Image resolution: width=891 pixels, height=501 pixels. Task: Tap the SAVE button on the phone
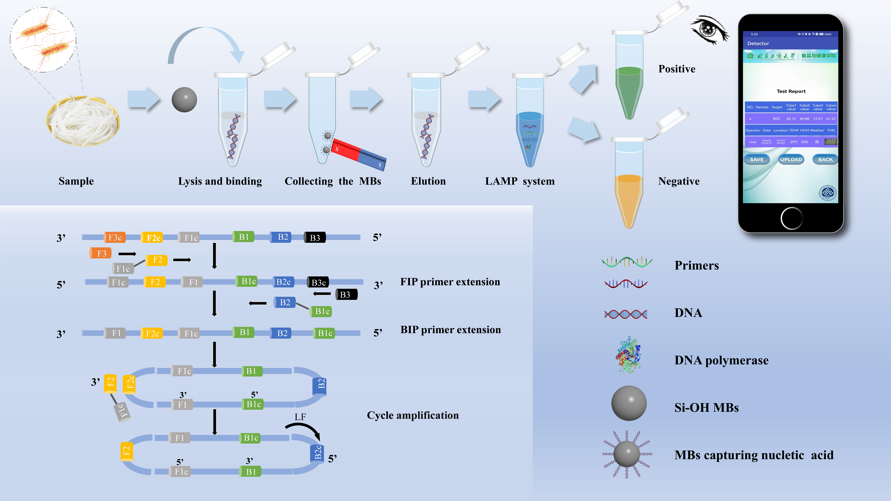[756, 159]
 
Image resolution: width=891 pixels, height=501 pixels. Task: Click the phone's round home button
[791, 218]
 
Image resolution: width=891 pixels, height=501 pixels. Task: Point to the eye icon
[709, 29]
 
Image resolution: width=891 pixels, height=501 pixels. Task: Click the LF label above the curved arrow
[300, 417]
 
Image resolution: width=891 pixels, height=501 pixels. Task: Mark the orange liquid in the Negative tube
[629, 197]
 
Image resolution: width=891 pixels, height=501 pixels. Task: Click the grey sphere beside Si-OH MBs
[629, 403]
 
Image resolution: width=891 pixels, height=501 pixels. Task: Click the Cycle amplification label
[413, 415]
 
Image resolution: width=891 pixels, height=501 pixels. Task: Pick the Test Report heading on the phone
[791, 91]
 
